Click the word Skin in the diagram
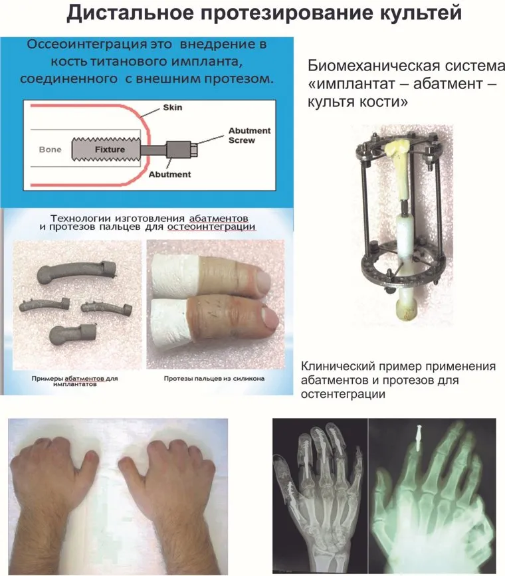coord(172,107)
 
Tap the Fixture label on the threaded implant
coord(110,149)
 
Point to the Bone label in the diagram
coord(50,149)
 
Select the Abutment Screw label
coord(249,135)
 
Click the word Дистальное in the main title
coord(130,13)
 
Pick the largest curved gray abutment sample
coord(76,272)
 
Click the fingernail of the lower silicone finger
coord(271,318)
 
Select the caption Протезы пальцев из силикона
coord(214,379)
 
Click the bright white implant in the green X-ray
coord(419,438)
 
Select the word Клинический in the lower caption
coord(338,366)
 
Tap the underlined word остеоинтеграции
coord(211,227)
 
